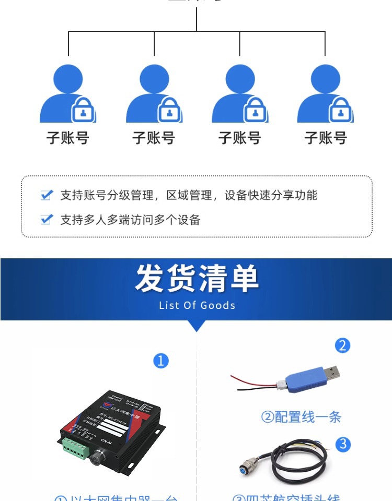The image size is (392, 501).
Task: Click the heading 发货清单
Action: [x=197, y=279]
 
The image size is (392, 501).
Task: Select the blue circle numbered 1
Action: [x=161, y=361]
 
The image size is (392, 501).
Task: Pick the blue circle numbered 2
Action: [x=342, y=345]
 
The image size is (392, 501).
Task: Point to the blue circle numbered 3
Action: [x=343, y=445]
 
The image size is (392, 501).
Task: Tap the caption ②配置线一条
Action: [x=301, y=417]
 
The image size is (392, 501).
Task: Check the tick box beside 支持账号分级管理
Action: [x=47, y=195]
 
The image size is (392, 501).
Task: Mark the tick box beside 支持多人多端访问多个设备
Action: [x=47, y=219]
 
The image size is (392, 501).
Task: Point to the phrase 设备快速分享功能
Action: [x=271, y=195]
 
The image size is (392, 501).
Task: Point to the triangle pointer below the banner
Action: [x=196, y=326]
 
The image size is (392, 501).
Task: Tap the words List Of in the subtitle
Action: [x=177, y=305]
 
